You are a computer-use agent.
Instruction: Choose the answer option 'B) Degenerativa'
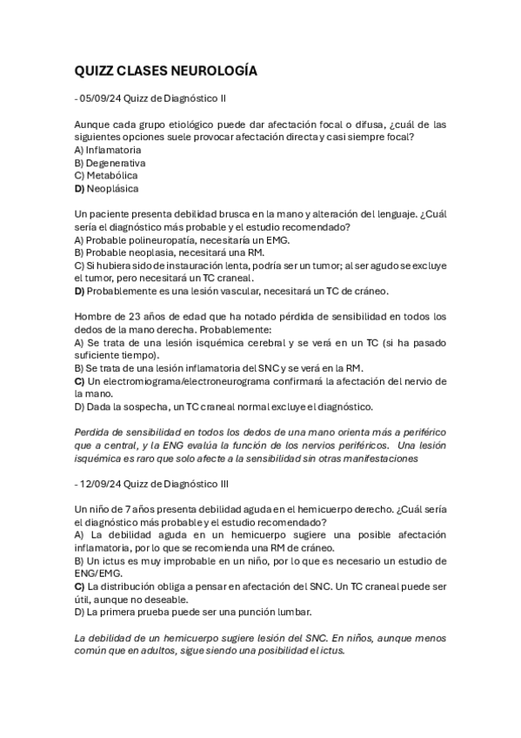(x=110, y=163)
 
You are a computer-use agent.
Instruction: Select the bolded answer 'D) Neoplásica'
(x=106, y=188)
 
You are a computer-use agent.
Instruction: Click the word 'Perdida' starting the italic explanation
(x=94, y=432)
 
